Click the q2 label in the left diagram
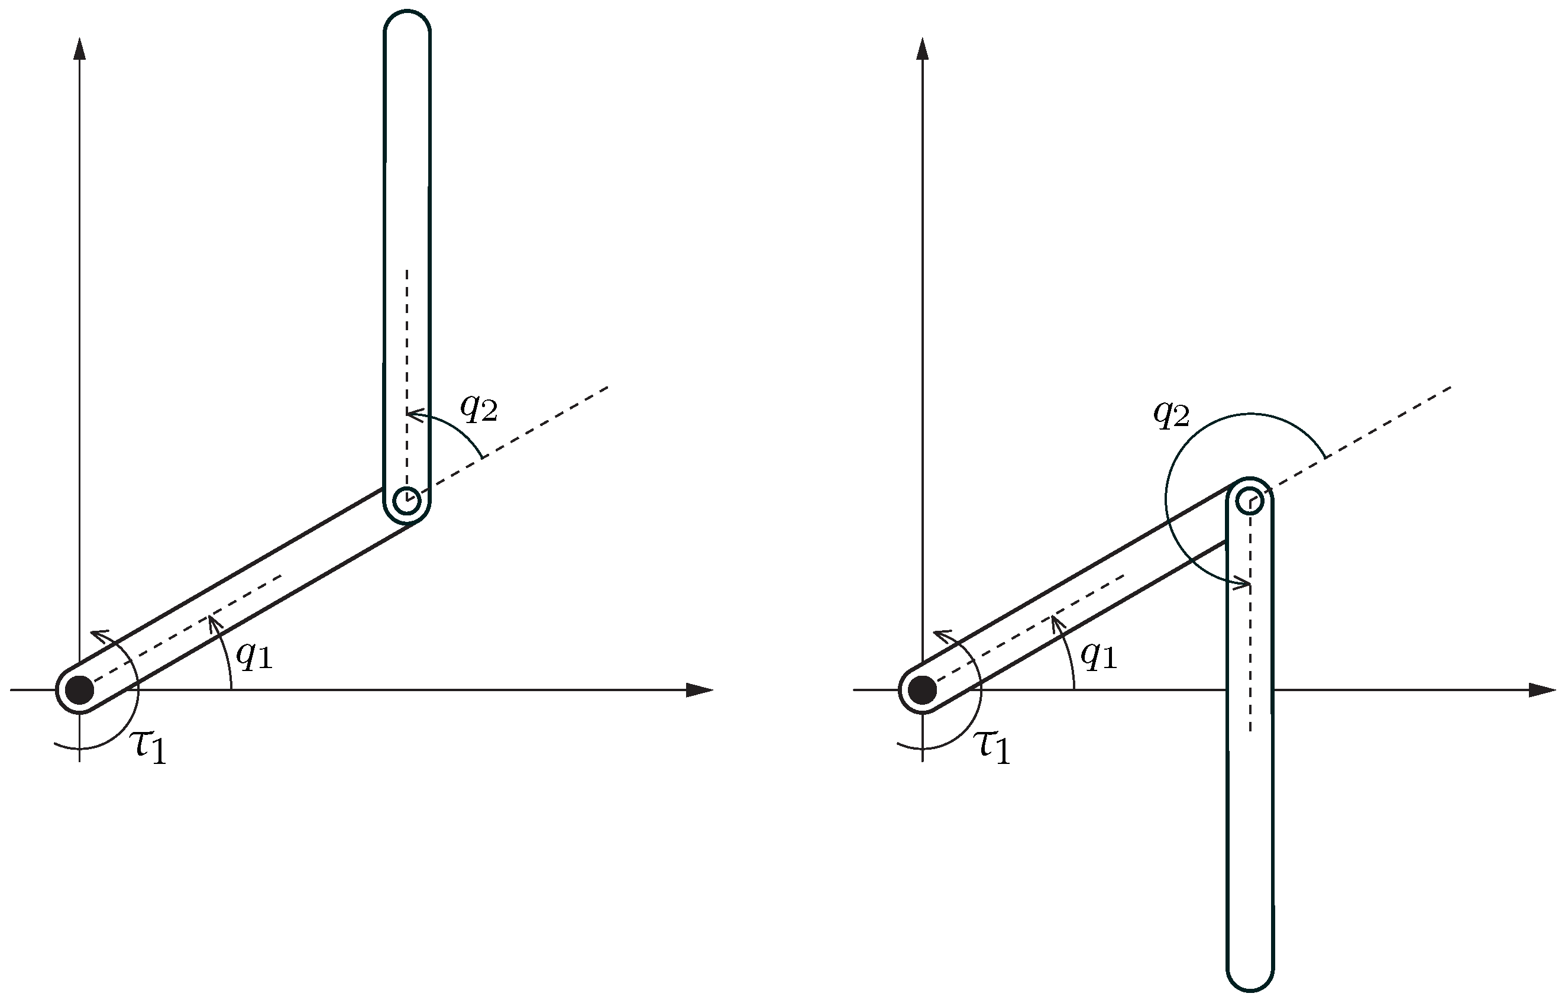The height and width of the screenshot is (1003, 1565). pyautogui.click(x=478, y=408)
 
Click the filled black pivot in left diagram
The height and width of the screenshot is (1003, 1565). pyautogui.click(x=80, y=690)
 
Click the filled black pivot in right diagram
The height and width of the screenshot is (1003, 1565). pyautogui.click(x=923, y=690)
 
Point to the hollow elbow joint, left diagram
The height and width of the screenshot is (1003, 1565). pyautogui.click(x=407, y=501)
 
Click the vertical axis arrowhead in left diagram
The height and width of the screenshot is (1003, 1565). pyautogui.click(x=80, y=49)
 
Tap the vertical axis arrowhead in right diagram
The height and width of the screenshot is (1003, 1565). pyautogui.click(x=923, y=49)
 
